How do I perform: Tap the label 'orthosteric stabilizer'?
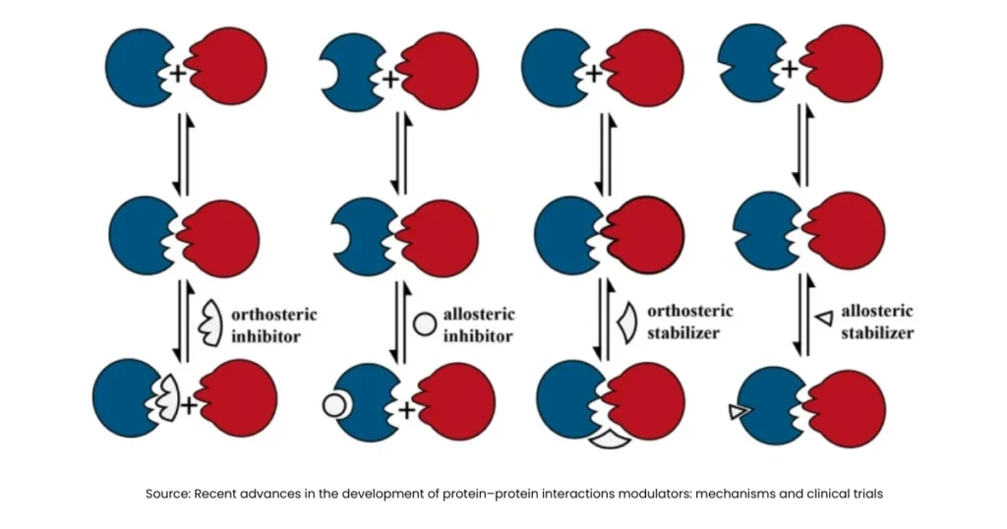(689, 322)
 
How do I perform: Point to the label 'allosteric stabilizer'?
(876, 322)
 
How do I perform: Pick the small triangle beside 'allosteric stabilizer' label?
(824, 317)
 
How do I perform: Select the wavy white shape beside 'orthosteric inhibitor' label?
(211, 322)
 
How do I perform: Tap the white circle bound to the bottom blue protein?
(333, 404)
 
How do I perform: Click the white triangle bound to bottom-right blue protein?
(738, 412)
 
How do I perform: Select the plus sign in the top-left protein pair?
(178, 74)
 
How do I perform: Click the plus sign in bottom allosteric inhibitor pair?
(406, 409)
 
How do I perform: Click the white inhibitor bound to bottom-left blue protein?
(167, 398)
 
